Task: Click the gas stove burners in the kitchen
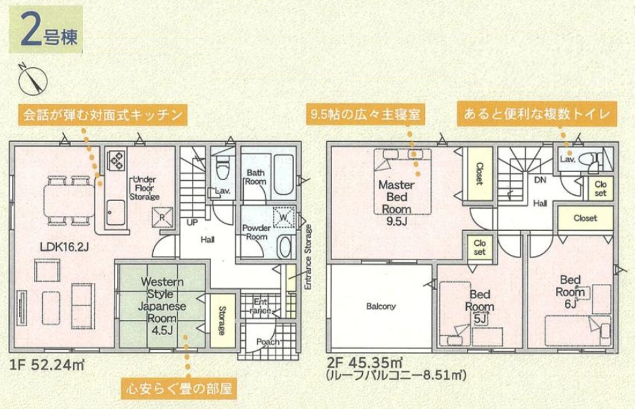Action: click(x=116, y=159)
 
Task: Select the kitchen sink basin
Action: click(x=116, y=212)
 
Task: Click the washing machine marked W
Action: click(x=284, y=217)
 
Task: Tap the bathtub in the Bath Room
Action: click(x=284, y=175)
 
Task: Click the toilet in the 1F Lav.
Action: click(x=223, y=170)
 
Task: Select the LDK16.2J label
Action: click(x=64, y=247)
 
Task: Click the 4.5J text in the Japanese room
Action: click(x=162, y=330)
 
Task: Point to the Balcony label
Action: click(x=380, y=306)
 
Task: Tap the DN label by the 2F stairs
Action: click(x=540, y=180)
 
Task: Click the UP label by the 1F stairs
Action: click(x=192, y=222)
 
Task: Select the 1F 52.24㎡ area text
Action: click(x=46, y=366)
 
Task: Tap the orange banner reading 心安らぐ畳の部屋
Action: click(x=180, y=389)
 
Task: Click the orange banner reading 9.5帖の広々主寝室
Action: click(x=365, y=114)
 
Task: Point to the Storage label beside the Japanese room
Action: click(x=222, y=321)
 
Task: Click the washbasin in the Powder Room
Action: click(x=285, y=246)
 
